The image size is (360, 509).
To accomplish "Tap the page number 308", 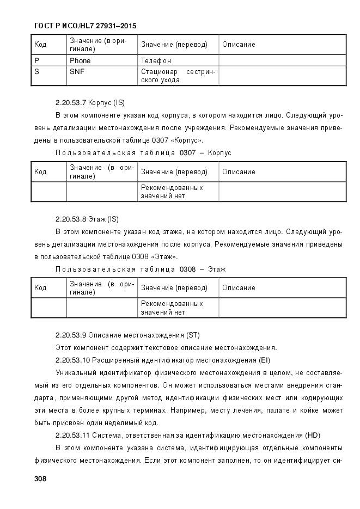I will point(40,479).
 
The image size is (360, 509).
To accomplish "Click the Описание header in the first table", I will point(239,45).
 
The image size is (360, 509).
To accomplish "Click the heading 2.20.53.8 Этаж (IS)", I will point(87,219).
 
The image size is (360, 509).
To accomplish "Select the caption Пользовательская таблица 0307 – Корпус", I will point(144,153).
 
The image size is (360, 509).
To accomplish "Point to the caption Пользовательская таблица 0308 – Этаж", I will point(141,269).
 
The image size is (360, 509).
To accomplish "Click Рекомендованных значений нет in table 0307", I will point(172,192).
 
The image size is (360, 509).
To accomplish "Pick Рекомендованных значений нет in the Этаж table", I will point(172,308).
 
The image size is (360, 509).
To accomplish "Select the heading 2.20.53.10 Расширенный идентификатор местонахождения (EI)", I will point(163,360).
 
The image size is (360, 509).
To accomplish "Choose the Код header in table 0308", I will point(40,288).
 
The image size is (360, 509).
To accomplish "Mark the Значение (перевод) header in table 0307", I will point(174,172).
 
